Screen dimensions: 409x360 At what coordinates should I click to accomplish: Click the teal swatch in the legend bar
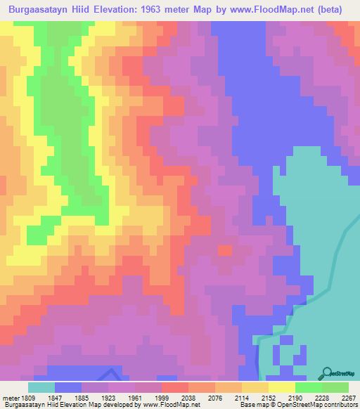(41, 387)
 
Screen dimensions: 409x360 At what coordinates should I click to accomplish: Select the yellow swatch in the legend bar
(282, 387)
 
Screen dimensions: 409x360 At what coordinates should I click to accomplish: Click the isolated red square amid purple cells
(224, 250)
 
